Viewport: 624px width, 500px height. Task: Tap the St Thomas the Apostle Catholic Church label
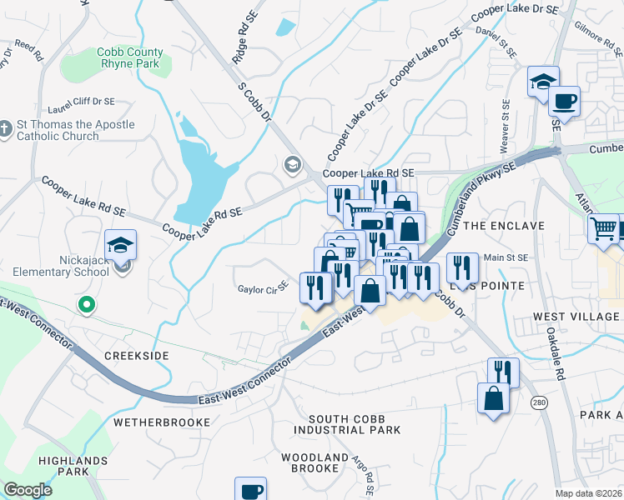coord(75,131)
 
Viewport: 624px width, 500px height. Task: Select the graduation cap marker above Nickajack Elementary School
coord(121,245)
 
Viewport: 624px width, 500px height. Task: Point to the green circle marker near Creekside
coord(85,306)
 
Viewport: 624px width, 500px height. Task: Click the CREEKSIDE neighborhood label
coord(137,356)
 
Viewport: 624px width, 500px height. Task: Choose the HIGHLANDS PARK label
coord(73,466)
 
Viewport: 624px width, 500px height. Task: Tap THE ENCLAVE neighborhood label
coord(503,226)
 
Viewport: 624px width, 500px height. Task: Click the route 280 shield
coord(539,403)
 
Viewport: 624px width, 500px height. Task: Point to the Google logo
coord(28,490)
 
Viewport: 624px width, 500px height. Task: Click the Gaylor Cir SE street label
coord(261,288)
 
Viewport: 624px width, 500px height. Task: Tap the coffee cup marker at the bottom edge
coord(250,490)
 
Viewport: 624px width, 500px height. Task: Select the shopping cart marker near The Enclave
coord(603,227)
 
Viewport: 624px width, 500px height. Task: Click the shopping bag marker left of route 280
coord(493,397)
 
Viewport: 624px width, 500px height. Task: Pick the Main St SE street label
coord(506,258)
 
